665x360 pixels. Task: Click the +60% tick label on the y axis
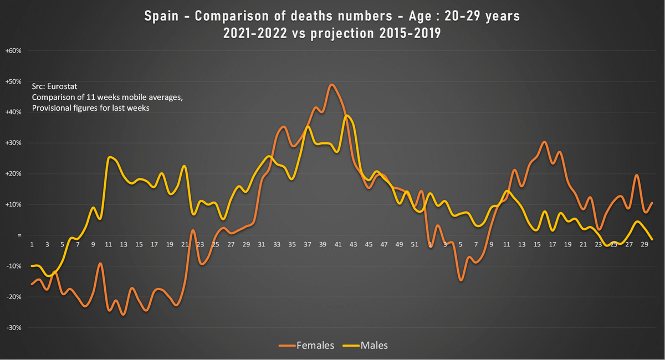(13, 50)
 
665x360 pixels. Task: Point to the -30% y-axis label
(13, 327)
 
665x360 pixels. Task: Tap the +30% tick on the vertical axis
(13, 143)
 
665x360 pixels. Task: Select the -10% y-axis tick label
(13, 266)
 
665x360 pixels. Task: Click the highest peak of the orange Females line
(331, 85)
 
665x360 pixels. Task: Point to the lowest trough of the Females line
(123, 315)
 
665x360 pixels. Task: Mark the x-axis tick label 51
(414, 244)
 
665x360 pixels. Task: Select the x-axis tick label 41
(337, 244)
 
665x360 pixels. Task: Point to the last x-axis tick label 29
(644, 244)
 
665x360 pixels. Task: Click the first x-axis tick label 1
(32, 244)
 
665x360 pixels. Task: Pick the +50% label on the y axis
(13, 81)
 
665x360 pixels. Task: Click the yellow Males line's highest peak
(346, 115)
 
